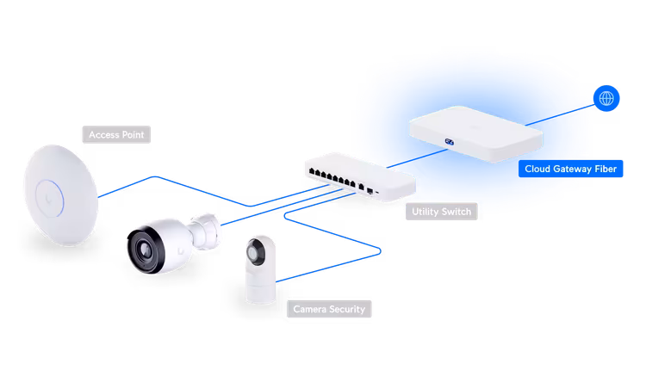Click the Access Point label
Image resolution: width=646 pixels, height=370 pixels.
tap(116, 135)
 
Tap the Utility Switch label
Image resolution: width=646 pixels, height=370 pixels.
tap(441, 211)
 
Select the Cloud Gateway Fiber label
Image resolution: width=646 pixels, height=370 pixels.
tap(571, 170)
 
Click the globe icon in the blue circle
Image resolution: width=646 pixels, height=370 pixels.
tap(607, 100)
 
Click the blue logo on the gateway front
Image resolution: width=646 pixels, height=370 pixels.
tap(449, 141)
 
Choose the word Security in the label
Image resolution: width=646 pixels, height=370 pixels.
tap(347, 308)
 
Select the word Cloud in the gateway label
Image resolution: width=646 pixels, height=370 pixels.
tap(539, 170)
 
